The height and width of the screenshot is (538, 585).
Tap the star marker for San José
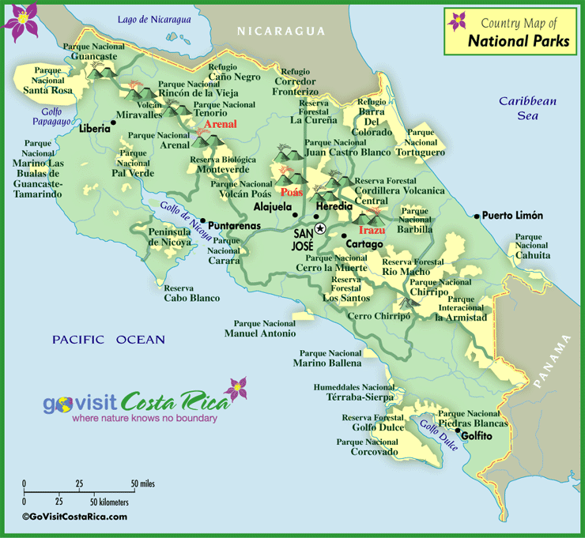click(x=320, y=228)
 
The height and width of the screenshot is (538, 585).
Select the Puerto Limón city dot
click(x=477, y=215)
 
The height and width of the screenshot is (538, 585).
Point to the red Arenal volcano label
click(x=221, y=124)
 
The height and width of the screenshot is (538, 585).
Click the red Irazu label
click(x=372, y=230)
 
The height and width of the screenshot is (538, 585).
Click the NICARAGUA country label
click(x=281, y=31)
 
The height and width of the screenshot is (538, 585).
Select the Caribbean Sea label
click(x=528, y=107)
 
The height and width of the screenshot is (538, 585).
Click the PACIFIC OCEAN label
click(x=108, y=340)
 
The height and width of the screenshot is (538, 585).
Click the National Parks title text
click(x=519, y=42)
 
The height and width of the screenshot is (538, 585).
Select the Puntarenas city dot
click(x=203, y=221)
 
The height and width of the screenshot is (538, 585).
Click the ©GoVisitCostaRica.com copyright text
click(x=74, y=517)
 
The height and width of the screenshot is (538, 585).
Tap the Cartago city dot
click(x=345, y=235)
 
